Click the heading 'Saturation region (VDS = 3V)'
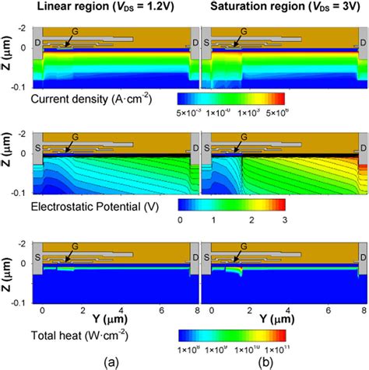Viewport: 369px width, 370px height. click(283, 9)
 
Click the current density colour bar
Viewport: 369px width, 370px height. click(231, 99)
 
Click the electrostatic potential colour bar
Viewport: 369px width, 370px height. click(231, 204)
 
